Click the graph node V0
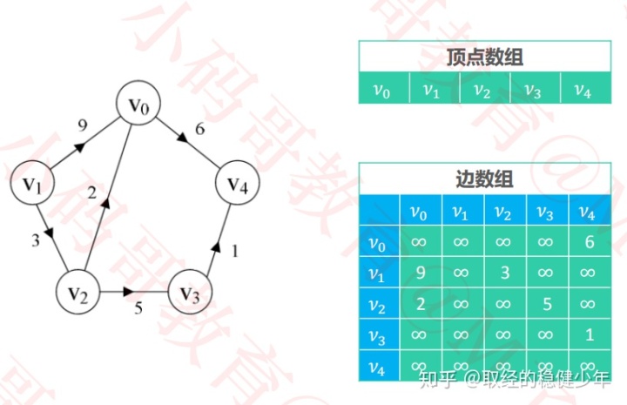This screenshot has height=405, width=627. [140, 105]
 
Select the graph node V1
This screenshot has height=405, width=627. [32, 184]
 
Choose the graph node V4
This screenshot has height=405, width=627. [238, 184]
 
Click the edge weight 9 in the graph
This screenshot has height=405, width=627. [83, 125]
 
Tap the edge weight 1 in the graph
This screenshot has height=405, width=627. [233, 251]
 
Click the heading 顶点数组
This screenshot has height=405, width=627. [484, 57]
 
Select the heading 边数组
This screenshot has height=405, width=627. [484, 179]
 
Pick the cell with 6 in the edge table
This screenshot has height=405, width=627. [589, 242]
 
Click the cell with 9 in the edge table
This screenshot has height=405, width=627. [419, 273]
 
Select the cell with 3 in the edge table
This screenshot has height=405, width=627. [504, 273]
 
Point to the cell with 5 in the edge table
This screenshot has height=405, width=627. [547, 303]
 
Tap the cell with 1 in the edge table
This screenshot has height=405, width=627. [589, 334]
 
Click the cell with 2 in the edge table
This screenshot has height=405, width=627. [419, 303]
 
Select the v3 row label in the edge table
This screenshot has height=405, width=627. [376, 334]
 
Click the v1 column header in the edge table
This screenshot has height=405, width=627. [462, 212]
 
